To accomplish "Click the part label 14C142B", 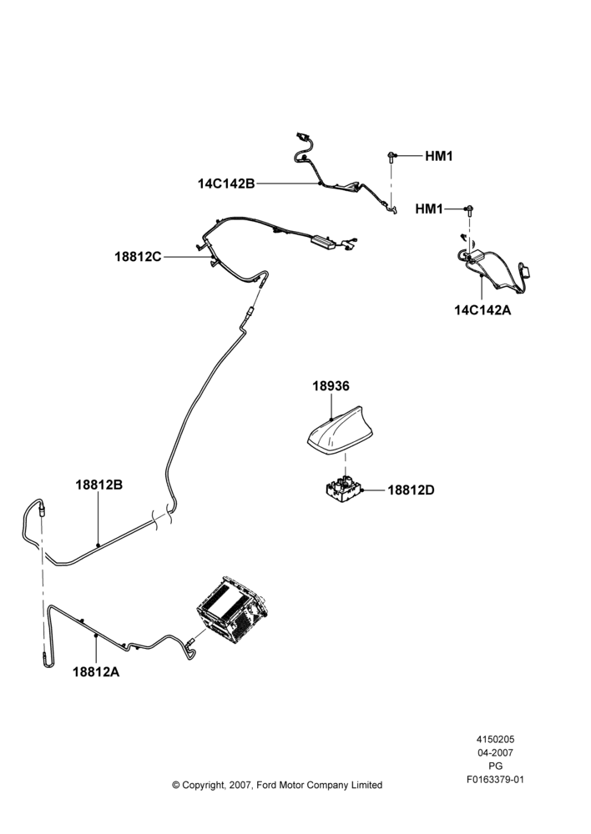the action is pyautogui.click(x=226, y=184).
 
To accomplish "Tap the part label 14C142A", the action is pyautogui.click(x=482, y=310).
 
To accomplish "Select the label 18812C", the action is pyautogui.click(x=138, y=257).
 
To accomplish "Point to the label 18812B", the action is pyautogui.click(x=99, y=485).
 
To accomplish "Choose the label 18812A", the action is pyautogui.click(x=96, y=671).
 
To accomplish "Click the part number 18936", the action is pyautogui.click(x=331, y=386).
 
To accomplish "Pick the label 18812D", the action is pyautogui.click(x=411, y=490).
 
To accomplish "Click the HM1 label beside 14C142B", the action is pyautogui.click(x=439, y=157).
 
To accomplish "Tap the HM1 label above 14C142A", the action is pyautogui.click(x=429, y=209).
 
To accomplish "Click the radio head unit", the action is pyautogui.click(x=232, y=610).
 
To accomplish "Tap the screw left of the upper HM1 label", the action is pyautogui.click(x=391, y=157).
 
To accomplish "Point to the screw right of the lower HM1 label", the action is pyautogui.click(x=470, y=209).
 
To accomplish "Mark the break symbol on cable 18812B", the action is pyautogui.click(x=163, y=518).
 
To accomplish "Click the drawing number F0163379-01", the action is pyautogui.click(x=495, y=780).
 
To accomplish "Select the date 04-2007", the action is pyautogui.click(x=495, y=752).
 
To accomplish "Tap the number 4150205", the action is pyautogui.click(x=495, y=739).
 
